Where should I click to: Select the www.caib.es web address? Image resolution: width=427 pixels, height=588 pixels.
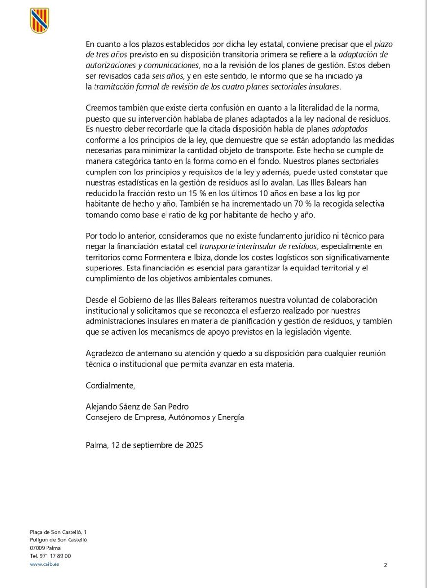click(44, 564)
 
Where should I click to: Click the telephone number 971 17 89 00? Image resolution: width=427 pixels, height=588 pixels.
click(50, 556)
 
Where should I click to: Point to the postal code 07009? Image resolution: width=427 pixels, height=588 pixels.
click(38, 547)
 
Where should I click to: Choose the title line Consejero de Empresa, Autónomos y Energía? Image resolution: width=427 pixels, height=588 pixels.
click(165, 417)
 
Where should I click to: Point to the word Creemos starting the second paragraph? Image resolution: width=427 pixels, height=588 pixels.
click(100, 108)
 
